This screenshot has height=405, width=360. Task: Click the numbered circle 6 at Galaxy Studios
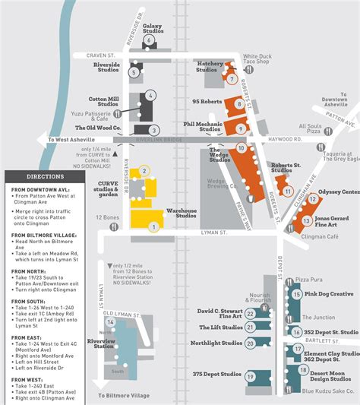(x=149, y=40)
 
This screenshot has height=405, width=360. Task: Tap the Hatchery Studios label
(x=210, y=67)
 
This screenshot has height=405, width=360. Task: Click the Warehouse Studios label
(x=182, y=213)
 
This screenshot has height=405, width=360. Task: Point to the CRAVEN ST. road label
(x=99, y=55)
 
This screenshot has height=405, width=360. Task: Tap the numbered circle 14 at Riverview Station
(x=110, y=322)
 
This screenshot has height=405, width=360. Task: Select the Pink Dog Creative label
(x=330, y=293)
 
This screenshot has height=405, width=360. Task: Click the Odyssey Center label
(x=338, y=192)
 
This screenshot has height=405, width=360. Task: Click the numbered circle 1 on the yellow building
(x=154, y=226)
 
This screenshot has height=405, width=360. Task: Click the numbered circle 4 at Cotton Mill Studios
(x=151, y=96)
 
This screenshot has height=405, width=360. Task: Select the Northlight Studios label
(x=216, y=343)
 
